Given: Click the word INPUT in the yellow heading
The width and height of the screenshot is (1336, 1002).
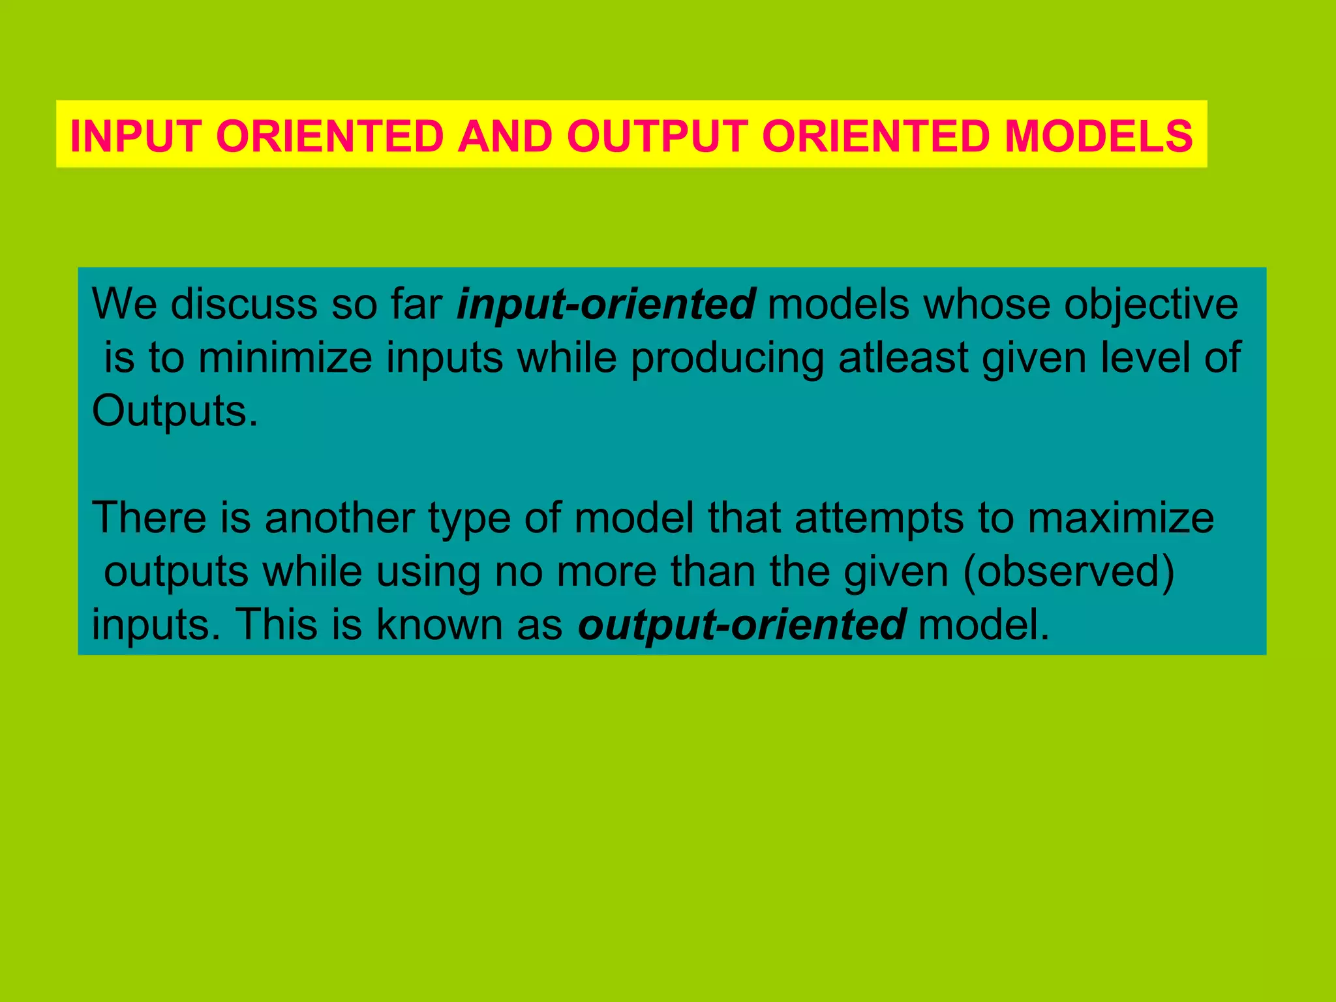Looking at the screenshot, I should click(x=136, y=136).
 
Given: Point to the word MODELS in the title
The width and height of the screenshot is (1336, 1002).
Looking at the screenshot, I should click(x=1099, y=136).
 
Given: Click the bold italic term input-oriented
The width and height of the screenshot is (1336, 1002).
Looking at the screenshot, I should click(x=606, y=305).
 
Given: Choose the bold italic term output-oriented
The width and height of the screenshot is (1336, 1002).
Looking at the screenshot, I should click(x=742, y=624).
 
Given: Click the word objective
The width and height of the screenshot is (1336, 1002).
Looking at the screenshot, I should click(x=1151, y=305).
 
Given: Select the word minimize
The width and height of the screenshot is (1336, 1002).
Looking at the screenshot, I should click(x=285, y=358).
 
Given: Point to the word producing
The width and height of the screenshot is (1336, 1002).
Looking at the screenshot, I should click(x=727, y=358).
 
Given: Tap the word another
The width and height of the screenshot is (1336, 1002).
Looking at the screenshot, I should click(x=339, y=518).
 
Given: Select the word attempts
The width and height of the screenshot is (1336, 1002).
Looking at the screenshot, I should click(x=879, y=518).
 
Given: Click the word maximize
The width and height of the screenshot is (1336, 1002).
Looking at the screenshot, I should click(x=1121, y=518).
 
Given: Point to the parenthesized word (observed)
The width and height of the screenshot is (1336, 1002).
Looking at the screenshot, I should click(x=1069, y=571).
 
